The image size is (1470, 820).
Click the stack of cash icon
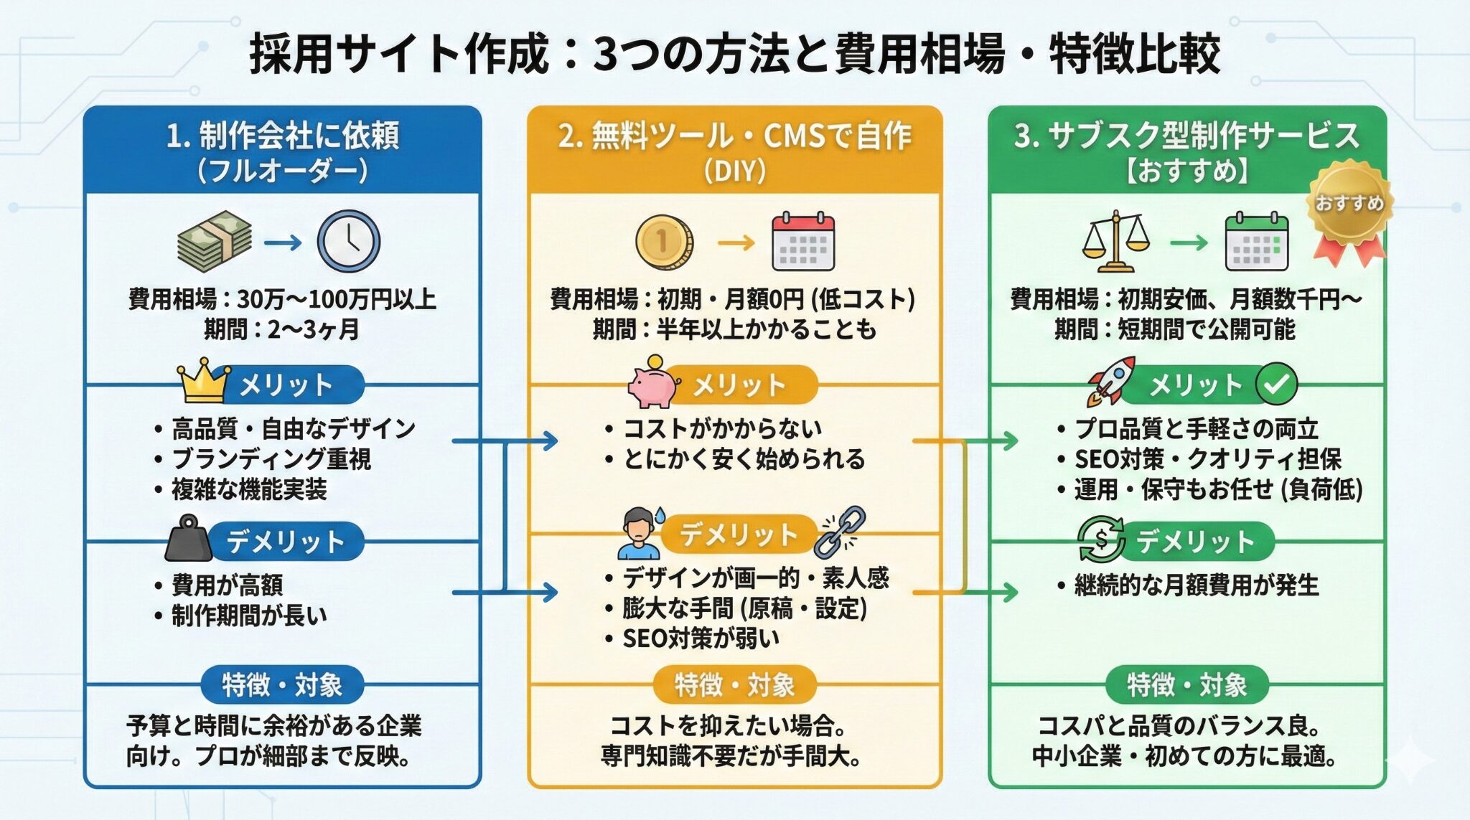point(214,241)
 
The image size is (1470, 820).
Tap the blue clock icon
point(348,240)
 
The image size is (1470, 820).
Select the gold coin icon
point(664,241)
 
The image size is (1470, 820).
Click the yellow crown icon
point(203,380)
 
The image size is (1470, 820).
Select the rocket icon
point(1110,380)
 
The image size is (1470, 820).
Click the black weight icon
point(189,538)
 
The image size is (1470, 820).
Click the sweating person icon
point(640,534)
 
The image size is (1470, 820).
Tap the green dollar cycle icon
point(1101,539)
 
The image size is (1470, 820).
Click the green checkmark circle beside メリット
point(1276,384)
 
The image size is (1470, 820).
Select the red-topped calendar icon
point(802,242)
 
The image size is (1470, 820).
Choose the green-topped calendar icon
point(1256,242)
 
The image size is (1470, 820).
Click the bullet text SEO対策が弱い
point(700,638)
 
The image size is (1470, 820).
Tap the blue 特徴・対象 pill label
point(281,685)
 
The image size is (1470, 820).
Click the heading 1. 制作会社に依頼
point(282,136)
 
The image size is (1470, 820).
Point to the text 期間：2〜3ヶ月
point(281,329)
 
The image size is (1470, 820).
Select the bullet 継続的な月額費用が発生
point(1196,585)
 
